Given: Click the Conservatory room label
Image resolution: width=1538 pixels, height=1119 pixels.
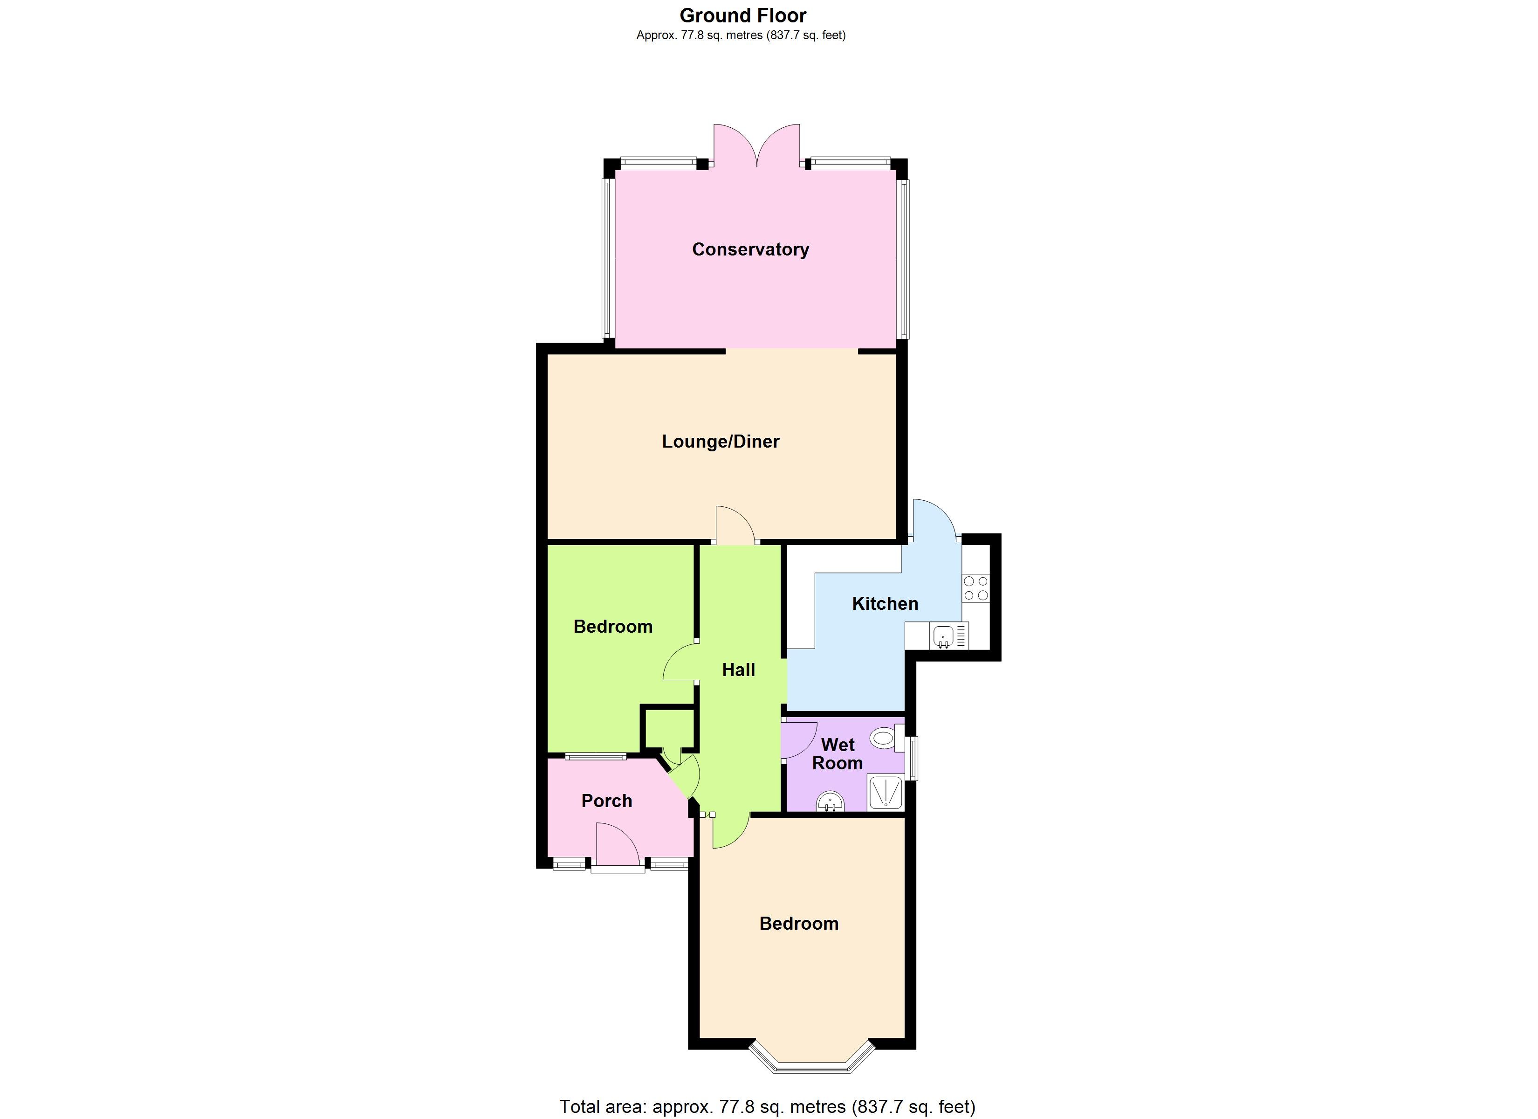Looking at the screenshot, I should coord(750,250).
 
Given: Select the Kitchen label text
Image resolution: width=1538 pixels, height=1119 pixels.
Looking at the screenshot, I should coord(885,603).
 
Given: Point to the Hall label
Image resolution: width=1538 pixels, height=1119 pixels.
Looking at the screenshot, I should coord(739,670).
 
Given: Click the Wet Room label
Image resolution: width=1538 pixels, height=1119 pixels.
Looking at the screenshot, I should coord(838,754).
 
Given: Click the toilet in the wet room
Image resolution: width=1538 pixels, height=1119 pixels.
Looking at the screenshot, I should coord(882,738).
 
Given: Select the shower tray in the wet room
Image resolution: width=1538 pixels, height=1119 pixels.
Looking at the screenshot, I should coord(886,793).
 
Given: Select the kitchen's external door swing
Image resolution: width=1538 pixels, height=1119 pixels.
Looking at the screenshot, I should coord(934,521).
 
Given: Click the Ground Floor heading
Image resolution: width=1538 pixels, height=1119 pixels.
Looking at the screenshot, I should coord(743,15).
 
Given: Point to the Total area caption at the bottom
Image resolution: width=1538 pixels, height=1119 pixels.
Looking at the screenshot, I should coord(767,1107).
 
